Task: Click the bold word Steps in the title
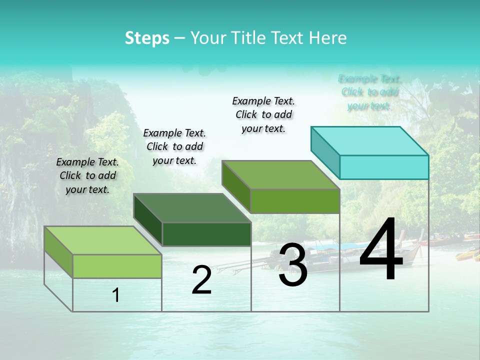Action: [x=147, y=38]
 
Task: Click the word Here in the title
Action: [x=328, y=38]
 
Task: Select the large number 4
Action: [x=381, y=250]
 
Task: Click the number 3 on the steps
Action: [x=293, y=265]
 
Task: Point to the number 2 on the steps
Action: [x=201, y=280]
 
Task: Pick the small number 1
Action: [x=116, y=295]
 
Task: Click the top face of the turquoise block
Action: [x=370, y=140]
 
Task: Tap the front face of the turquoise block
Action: [x=384, y=167]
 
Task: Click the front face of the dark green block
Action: [x=206, y=234]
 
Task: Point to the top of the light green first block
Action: [x=102, y=240]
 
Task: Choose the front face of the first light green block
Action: [x=117, y=266]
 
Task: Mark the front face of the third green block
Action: [x=295, y=201]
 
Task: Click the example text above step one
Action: [x=87, y=175]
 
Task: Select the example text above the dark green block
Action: [x=174, y=146]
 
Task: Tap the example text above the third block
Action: [x=263, y=114]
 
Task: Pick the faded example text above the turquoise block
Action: [x=369, y=92]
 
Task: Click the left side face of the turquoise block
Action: [x=325, y=152]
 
